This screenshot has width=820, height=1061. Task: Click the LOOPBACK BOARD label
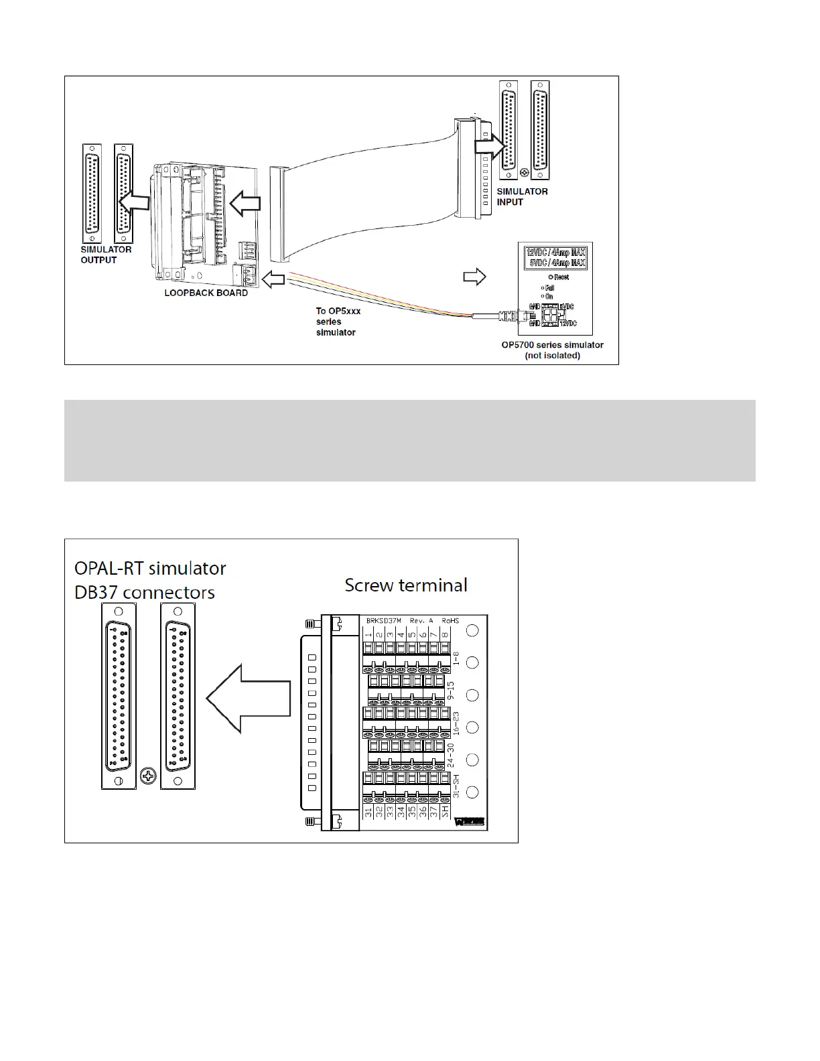206,293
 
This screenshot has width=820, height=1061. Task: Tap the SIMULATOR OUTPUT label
106,255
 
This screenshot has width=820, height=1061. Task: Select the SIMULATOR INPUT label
522,196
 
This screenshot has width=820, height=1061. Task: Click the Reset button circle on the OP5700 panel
550,277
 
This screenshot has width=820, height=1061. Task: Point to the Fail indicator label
549,288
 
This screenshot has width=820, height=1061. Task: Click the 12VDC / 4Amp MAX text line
556,253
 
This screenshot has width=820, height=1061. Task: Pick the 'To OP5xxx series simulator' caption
338,322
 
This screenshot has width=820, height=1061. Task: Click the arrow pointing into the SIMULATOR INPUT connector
488,146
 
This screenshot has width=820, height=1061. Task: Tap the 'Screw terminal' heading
406,585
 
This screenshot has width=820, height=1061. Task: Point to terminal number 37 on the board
434,812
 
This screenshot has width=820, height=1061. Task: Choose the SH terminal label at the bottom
446,812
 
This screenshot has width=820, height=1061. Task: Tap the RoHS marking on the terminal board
450,620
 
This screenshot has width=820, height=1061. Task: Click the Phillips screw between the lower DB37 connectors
147,777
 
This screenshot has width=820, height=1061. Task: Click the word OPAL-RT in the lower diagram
110,569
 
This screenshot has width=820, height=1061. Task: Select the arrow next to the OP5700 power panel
474,276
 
